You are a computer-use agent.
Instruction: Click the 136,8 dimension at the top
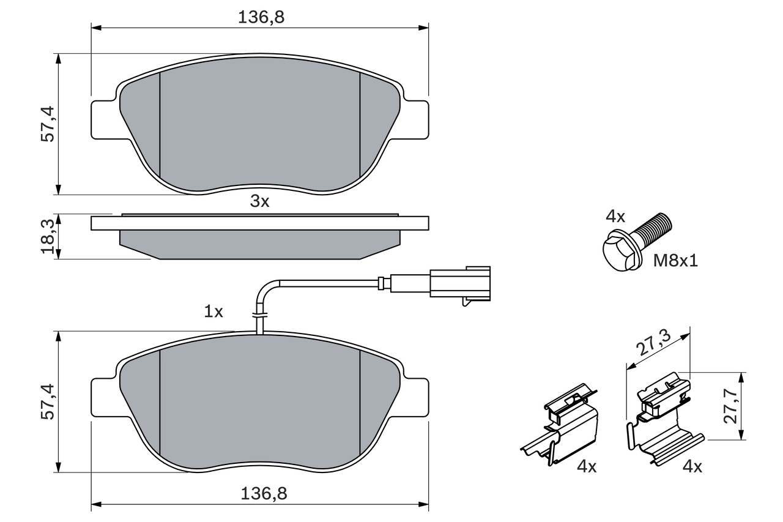pos(261,18)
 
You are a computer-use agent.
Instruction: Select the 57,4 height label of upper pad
pos(48,124)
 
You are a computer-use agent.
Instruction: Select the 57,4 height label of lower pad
pos(48,401)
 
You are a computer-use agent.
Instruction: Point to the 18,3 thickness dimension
pos(48,237)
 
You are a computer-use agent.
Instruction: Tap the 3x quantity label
pos(259,201)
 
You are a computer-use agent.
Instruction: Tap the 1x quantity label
pos(213,311)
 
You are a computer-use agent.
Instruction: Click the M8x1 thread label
pos(675,261)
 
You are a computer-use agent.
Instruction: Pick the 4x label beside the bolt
pos(615,216)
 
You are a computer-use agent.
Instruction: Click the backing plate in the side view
pos(260,223)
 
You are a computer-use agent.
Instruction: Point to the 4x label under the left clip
pos(586,467)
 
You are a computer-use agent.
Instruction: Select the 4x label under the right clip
pos(692,467)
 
